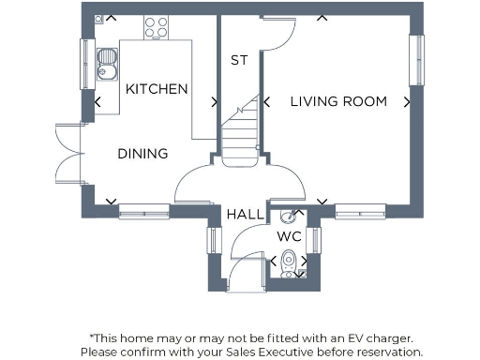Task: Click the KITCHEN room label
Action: pos(157,89)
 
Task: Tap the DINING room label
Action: pos(142,154)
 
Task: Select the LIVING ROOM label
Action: pos(337,102)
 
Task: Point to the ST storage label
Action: pos(239,60)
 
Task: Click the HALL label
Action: pos(246,215)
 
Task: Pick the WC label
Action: pos(288,236)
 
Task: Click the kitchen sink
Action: pos(107,67)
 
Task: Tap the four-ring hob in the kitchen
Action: pos(156,28)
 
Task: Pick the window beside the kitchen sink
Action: pos(86,66)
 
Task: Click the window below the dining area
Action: pos(143,212)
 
